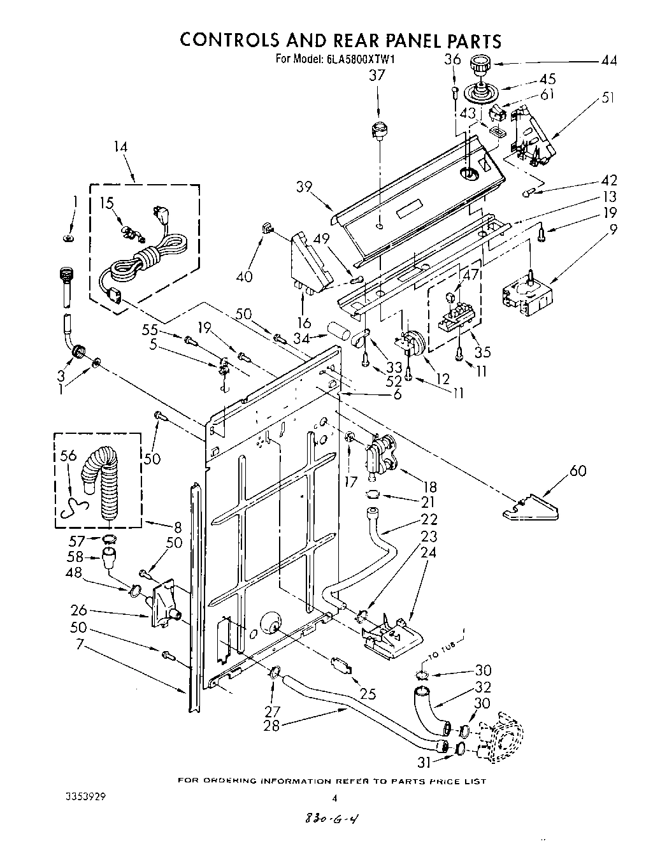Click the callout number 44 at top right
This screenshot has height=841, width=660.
click(608, 61)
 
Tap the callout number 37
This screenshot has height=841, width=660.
click(377, 76)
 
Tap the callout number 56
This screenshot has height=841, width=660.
click(68, 456)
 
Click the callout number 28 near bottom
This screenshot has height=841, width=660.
click(271, 725)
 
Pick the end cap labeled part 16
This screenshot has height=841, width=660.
click(312, 261)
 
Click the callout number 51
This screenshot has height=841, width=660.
click(608, 98)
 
